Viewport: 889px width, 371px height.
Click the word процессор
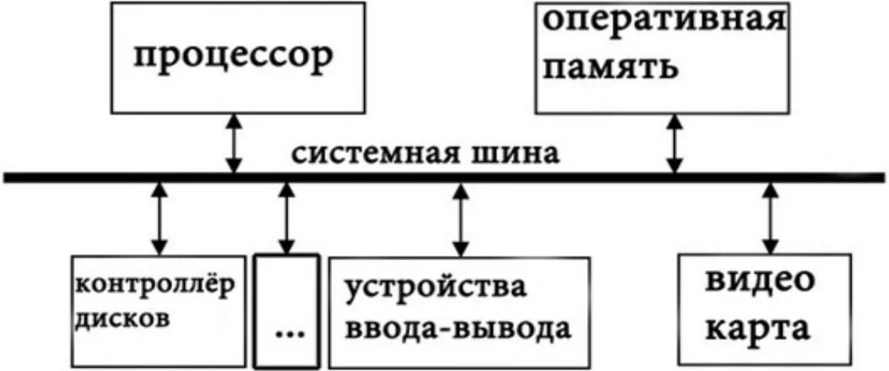point(232,57)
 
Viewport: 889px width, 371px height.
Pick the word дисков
point(123,318)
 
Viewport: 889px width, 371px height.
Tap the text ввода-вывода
point(458,328)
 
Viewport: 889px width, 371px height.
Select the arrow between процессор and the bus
point(233,143)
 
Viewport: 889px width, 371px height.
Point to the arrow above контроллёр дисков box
point(160,219)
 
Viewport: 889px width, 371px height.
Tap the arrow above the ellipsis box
point(285,219)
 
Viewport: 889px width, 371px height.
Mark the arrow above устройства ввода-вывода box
point(460,219)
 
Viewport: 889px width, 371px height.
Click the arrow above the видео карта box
point(770,219)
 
